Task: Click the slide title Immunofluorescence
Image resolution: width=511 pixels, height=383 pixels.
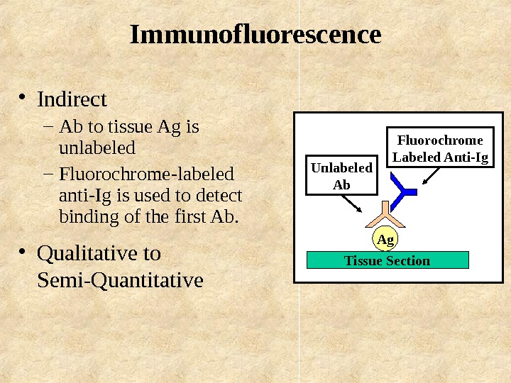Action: pos(255,35)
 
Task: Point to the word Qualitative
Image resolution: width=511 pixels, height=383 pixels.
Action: pos(99,253)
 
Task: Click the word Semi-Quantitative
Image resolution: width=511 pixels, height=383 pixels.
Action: pos(119,281)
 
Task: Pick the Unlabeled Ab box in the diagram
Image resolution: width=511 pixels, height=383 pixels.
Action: pos(342,176)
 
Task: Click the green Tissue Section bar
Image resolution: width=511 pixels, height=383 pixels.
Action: pos(388,260)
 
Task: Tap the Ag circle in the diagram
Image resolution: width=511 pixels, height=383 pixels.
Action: pos(385,240)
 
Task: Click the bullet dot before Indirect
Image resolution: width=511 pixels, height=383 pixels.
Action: pos(23,97)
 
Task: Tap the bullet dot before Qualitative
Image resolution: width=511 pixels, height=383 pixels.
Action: pos(23,252)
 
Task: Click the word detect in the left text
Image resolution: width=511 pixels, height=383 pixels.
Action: pos(222,195)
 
